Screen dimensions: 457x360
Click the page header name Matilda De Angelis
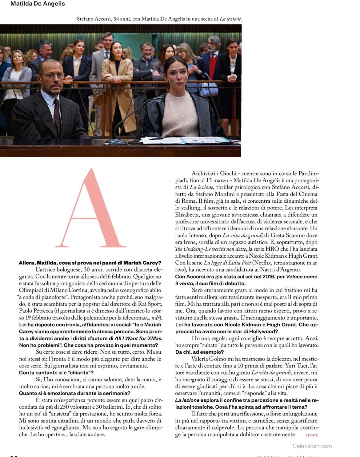pos(38,4)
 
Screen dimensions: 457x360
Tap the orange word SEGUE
pos(311,435)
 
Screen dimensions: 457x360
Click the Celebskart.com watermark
pos(312,446)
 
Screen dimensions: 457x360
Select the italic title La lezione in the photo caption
pos(230,19)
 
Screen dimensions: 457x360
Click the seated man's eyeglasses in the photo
pos(52,75)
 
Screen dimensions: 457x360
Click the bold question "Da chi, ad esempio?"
pos(199,352)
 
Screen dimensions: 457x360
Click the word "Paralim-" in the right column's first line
pos(308,173)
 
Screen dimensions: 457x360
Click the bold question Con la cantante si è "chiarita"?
pos(56,373)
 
